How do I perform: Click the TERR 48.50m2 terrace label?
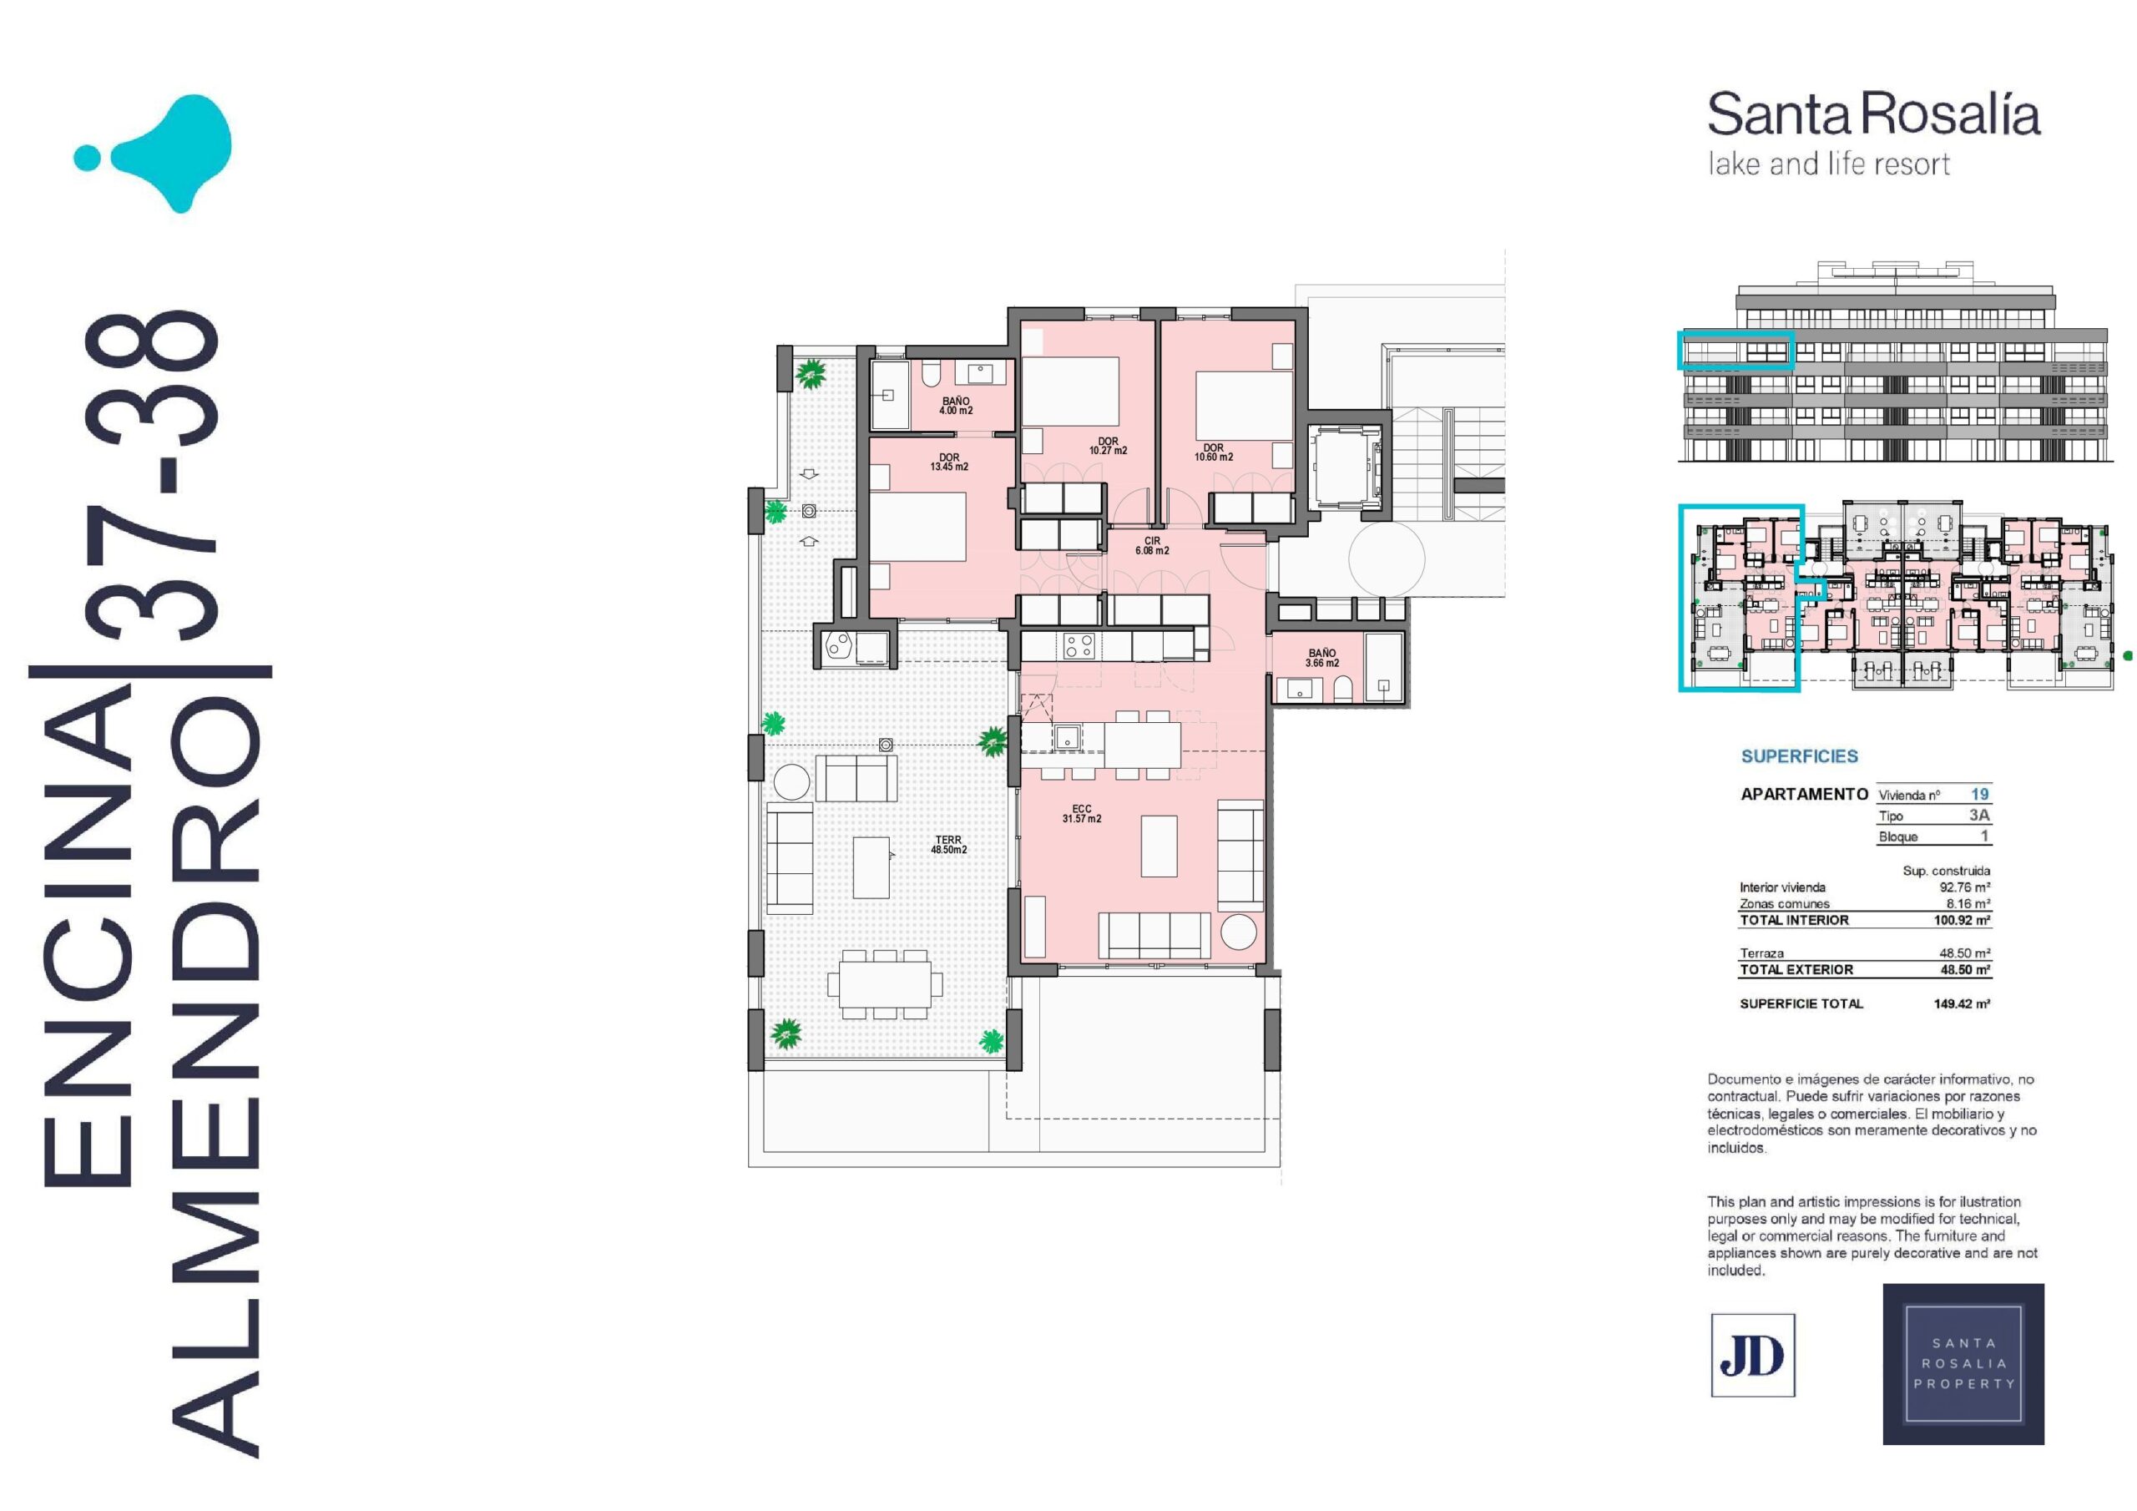[949, 845]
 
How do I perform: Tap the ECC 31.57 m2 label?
[1082, 814]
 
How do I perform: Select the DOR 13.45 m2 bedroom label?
[949, 462]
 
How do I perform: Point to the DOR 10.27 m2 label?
[1108, 446]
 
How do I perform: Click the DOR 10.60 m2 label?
[1214, 452]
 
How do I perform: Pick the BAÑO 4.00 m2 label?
[956, 406]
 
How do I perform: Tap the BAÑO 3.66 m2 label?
[1321, 658]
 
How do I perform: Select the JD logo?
[1753, 1355]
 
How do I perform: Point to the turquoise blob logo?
[154, 154]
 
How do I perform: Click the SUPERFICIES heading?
[1799, 756]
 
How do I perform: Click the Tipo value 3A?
[1978, 815]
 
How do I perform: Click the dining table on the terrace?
[885, 984]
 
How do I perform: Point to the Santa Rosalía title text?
[1873, 115]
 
